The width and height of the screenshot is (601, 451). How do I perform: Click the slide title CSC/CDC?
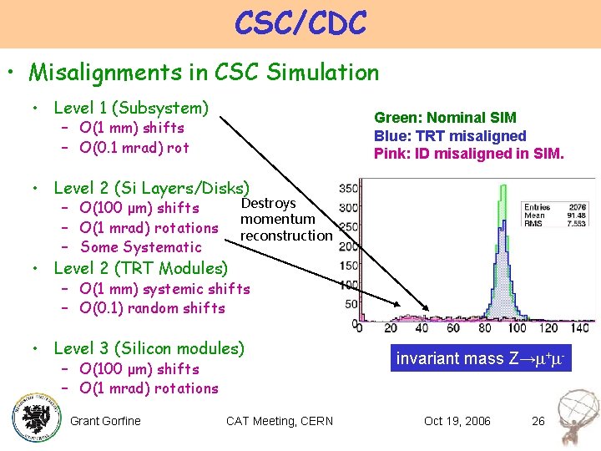pyautogui.click(x=300, y=23)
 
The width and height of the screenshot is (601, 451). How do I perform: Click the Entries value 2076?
pyautogui.click(x=578, y=205)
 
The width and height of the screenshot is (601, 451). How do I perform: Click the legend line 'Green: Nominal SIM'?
pyautogui.click(x=445, y=118)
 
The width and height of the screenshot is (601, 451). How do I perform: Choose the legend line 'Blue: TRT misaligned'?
pyautogui.click(x=450, y=136)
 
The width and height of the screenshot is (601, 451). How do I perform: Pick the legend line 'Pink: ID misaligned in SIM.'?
pyautogui.click(x=468, y=154)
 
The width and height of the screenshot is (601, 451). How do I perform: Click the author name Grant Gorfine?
pyautogui.click(x=105, y=421)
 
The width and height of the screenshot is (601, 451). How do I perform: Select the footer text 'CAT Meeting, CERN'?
pyautogui.click(x=279, y=421)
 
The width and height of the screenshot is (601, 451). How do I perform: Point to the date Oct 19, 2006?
pyautogui.click(x=457, y=421)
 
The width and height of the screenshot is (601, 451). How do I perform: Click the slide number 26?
pyautogui.click(x=538, y=421)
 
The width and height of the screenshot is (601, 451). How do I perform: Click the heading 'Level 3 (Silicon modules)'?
pyautogui.click(x=149, y=348)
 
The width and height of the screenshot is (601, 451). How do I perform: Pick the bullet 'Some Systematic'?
pyautogui.click(x=140, y=247)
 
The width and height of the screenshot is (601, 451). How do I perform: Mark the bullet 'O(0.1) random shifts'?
pyautogui.click(x=152, y=308)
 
